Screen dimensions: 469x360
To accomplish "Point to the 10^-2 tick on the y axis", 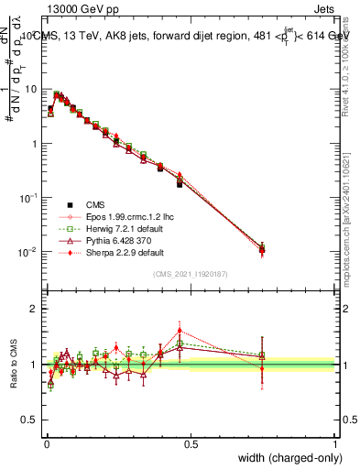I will click(x=31, y=252).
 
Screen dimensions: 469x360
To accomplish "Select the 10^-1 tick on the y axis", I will click(x=31, y=198).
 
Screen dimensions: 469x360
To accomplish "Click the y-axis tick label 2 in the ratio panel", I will click(x=36, y=309).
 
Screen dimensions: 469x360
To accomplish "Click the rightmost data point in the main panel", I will click(x=262, y=248).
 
